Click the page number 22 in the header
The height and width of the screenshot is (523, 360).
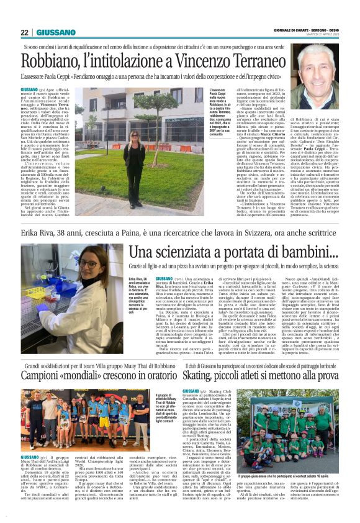tap(25, 32)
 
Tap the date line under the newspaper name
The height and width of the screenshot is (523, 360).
tap(323, 35)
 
